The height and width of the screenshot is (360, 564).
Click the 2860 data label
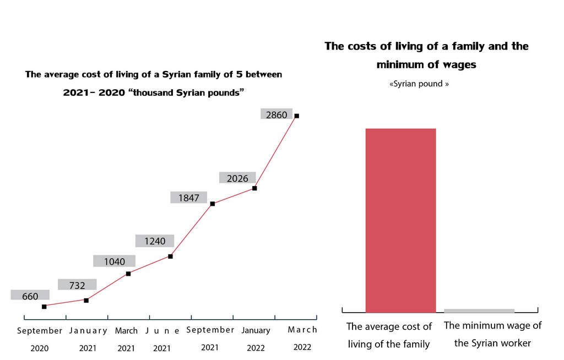pos(276,115)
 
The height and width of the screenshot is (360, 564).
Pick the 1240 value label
pos(155,241)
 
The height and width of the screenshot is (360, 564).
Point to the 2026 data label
pos(237,178)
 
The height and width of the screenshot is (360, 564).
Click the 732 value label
pos(77,285)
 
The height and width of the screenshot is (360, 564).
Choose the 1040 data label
pos(114,261)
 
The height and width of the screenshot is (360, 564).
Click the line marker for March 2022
pos(297,116)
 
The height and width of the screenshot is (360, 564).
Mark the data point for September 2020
pos(44,307)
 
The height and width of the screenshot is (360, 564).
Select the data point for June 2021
pos(170,256)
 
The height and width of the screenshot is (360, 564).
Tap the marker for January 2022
pos(254,188)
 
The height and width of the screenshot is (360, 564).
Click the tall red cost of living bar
pos(400,220)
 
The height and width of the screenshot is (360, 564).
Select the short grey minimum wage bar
pos(479,311)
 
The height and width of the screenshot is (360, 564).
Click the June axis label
pos(162,331)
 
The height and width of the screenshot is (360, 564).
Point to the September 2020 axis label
pos(40,331)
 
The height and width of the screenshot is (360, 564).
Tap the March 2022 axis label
pos(302,330)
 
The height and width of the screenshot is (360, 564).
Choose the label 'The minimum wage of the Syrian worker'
pos(492,334)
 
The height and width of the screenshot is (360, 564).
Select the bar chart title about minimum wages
pos(426,55)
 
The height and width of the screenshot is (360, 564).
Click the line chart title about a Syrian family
pos(154,83)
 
